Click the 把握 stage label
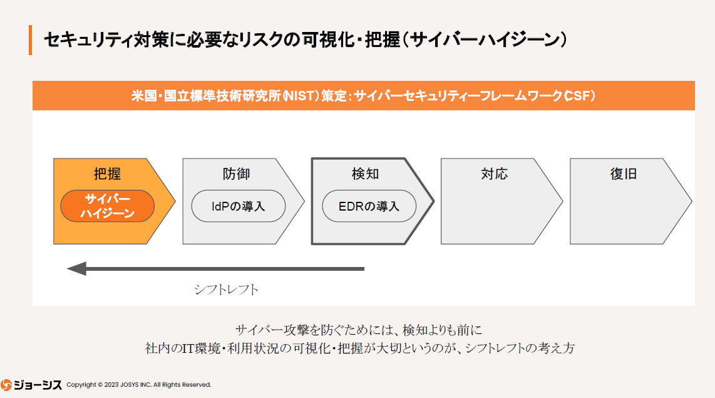click(x=107, y=174)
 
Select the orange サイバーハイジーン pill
click(x=107, y=206)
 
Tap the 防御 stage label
click(x=236, y=174)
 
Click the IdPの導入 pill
click(x=238, y=206)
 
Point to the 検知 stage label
click(x=365, y=174)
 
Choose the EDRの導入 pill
click(x=369, y=206)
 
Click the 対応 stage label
click(x=494, y=174)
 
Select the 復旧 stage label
click(x=623, y=174)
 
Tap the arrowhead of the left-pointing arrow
click(x=76, y=269)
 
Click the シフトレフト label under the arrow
click(x=226, y=290)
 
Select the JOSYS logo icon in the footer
click(x=7, y=384)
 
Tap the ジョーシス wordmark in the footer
click(x=39, y=384)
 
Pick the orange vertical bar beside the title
click(x=30, y=40)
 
